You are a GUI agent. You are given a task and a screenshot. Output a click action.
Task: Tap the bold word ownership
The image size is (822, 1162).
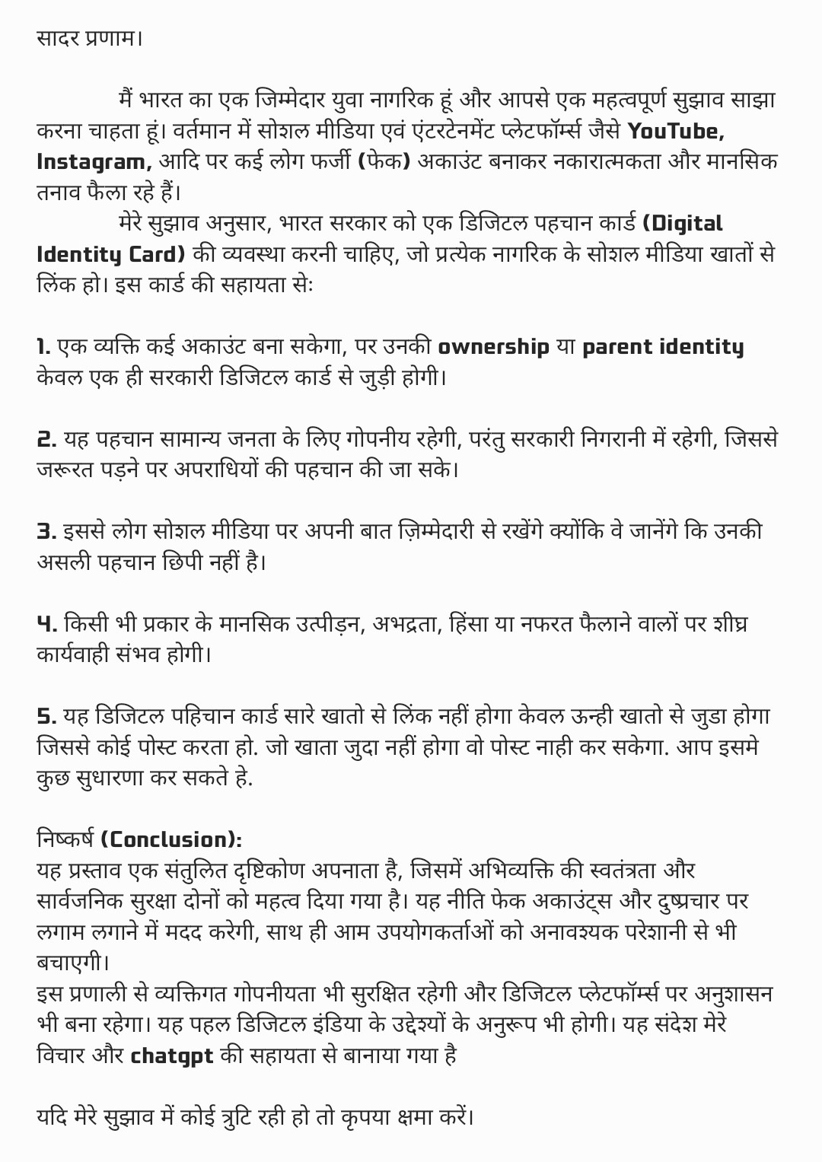[x=493, y=347]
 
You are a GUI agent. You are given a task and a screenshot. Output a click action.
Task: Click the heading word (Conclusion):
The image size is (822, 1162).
[x=171, y=839]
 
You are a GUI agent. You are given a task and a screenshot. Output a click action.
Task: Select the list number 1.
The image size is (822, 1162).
[x=43, y=347]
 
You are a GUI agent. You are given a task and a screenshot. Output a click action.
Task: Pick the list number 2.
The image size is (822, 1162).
[x=46, y=439]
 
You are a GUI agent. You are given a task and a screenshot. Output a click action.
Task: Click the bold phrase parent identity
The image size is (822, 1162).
[x=662, y=347]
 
